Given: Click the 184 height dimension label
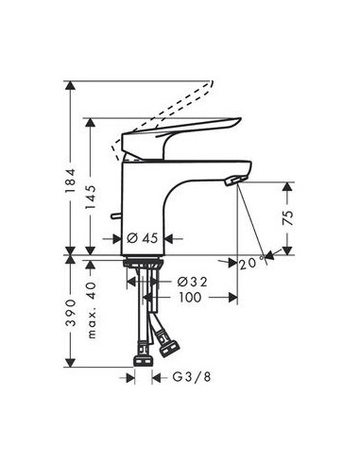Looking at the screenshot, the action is pos(71,181).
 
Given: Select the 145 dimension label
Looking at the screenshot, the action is pos(91,198).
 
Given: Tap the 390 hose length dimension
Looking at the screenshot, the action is pos(71,313).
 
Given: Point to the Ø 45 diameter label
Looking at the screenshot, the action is pos(142,238).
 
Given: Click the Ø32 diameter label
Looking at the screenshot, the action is pos(192,282).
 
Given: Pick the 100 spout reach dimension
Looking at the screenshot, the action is pos(190,297).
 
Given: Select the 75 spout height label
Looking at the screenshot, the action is pos(288,218).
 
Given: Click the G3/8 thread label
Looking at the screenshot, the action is pos(192,377).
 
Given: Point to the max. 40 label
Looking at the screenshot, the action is pos(92,310).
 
